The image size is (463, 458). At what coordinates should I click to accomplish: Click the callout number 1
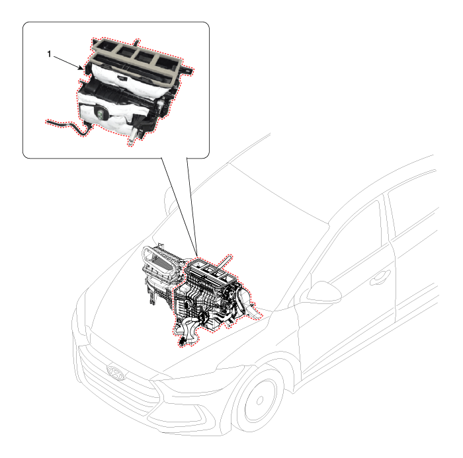tap(49, 54)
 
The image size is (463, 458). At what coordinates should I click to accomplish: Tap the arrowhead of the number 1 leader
tap(81, 69)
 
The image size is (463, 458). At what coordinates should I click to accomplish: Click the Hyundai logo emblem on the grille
tap(116, 373)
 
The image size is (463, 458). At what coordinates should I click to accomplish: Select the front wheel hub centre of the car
tap(259, 401)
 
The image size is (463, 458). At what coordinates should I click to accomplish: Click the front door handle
tap(381, 277)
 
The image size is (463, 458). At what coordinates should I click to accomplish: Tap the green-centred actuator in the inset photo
tap(101, 113)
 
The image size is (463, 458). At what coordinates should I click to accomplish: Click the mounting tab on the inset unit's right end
tap(187, 71)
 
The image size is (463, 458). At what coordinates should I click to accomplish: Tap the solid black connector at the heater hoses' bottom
tap(182, 342)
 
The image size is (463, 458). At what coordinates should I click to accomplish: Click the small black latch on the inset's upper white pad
tap(121, 77)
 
